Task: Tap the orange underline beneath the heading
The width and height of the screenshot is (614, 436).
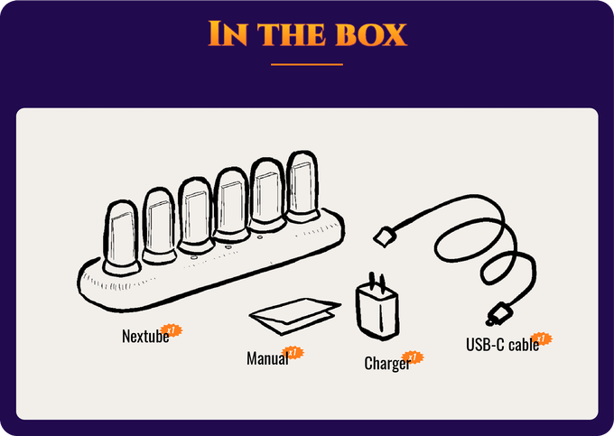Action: point(307,65)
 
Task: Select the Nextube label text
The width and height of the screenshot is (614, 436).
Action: point(144,337)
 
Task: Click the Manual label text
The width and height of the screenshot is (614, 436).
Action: point(266,358)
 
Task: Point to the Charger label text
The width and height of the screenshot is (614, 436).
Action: point(386,364)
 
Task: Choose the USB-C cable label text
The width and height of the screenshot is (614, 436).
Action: point(501,344)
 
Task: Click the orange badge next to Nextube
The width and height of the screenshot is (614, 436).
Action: point(169,330)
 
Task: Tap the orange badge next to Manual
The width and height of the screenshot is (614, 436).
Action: point(293,353)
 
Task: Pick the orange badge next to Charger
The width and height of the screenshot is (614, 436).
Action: point(413,358)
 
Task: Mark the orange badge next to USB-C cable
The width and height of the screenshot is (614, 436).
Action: point(542,339)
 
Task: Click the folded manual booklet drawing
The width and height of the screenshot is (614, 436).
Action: point(294,314)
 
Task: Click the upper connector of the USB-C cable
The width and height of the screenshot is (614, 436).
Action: point(384,236)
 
